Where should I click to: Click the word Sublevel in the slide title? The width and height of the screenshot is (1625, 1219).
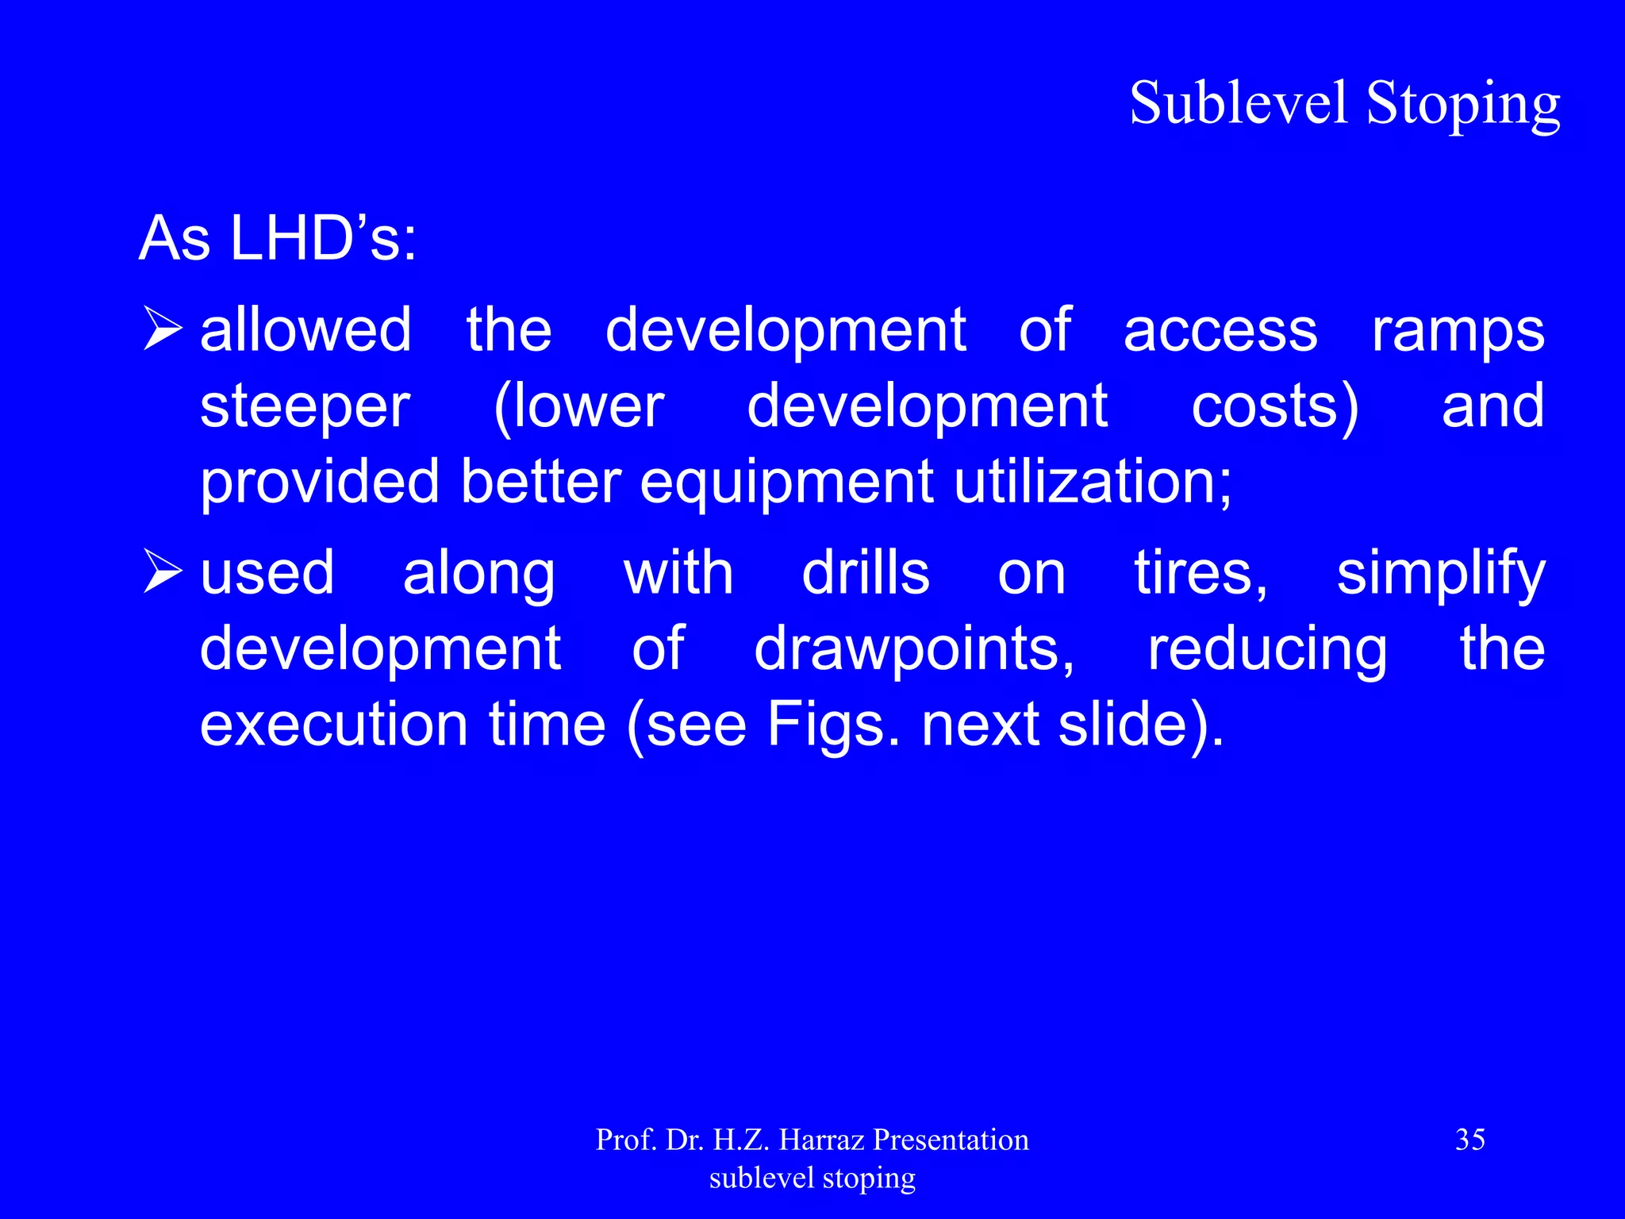point(1239,103)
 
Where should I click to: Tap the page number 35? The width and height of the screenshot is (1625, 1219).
point(1469,1140)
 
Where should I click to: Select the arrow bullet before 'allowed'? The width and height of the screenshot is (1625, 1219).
point(163,329)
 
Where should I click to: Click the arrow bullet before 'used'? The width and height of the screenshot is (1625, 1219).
point(163,573)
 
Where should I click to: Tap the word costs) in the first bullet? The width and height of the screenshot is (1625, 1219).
point(1275,406)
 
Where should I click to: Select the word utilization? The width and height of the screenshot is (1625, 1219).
point(1093,482)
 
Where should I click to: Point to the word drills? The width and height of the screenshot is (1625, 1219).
point(866,573)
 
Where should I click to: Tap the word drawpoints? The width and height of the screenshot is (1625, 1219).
point(914,649)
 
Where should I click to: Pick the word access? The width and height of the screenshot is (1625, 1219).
point(1220,330)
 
